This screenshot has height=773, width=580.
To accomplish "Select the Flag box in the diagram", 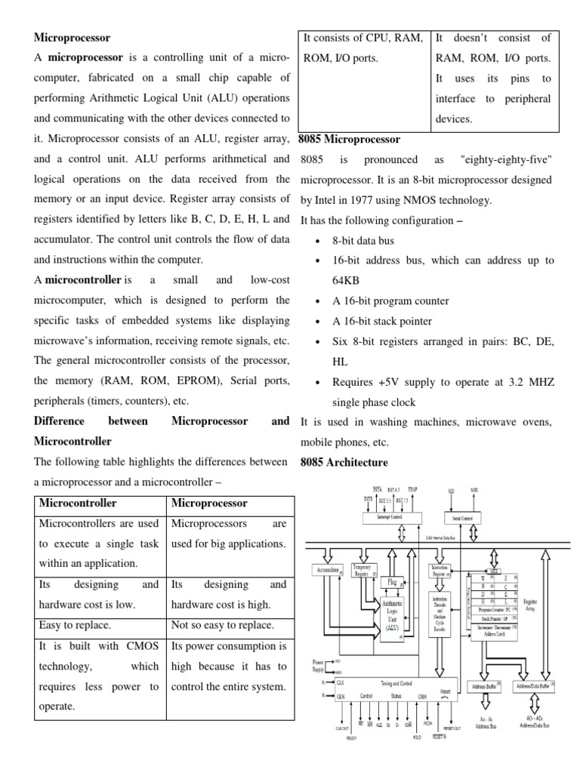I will coord(392,583).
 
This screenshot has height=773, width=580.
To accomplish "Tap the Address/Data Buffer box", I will coord(533,687).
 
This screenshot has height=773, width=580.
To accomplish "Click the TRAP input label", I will coord(412,490).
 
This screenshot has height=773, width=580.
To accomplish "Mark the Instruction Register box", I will coord(440,571).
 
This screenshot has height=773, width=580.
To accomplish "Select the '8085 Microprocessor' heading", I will coord(349,139).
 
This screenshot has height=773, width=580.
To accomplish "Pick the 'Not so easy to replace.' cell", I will coord(223,625).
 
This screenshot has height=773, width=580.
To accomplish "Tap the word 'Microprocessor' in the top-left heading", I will coord(72,37).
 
